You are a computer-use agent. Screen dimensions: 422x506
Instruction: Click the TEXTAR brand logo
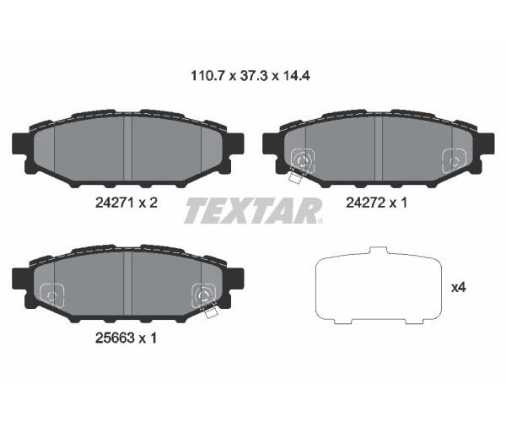(253, 210)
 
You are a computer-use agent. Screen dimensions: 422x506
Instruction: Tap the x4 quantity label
(459, 288)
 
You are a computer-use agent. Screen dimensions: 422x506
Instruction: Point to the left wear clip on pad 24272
(301, 160)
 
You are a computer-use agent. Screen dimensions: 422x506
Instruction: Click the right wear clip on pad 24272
(454, 158)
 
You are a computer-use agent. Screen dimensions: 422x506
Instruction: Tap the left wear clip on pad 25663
(52, 294)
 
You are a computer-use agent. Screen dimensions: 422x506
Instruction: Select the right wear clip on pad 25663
(204, 295)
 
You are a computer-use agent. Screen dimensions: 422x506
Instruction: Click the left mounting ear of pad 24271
(20, 144)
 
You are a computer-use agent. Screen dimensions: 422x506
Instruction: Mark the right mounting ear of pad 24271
(234, 144)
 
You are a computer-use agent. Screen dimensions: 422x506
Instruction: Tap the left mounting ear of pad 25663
(20, 279)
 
